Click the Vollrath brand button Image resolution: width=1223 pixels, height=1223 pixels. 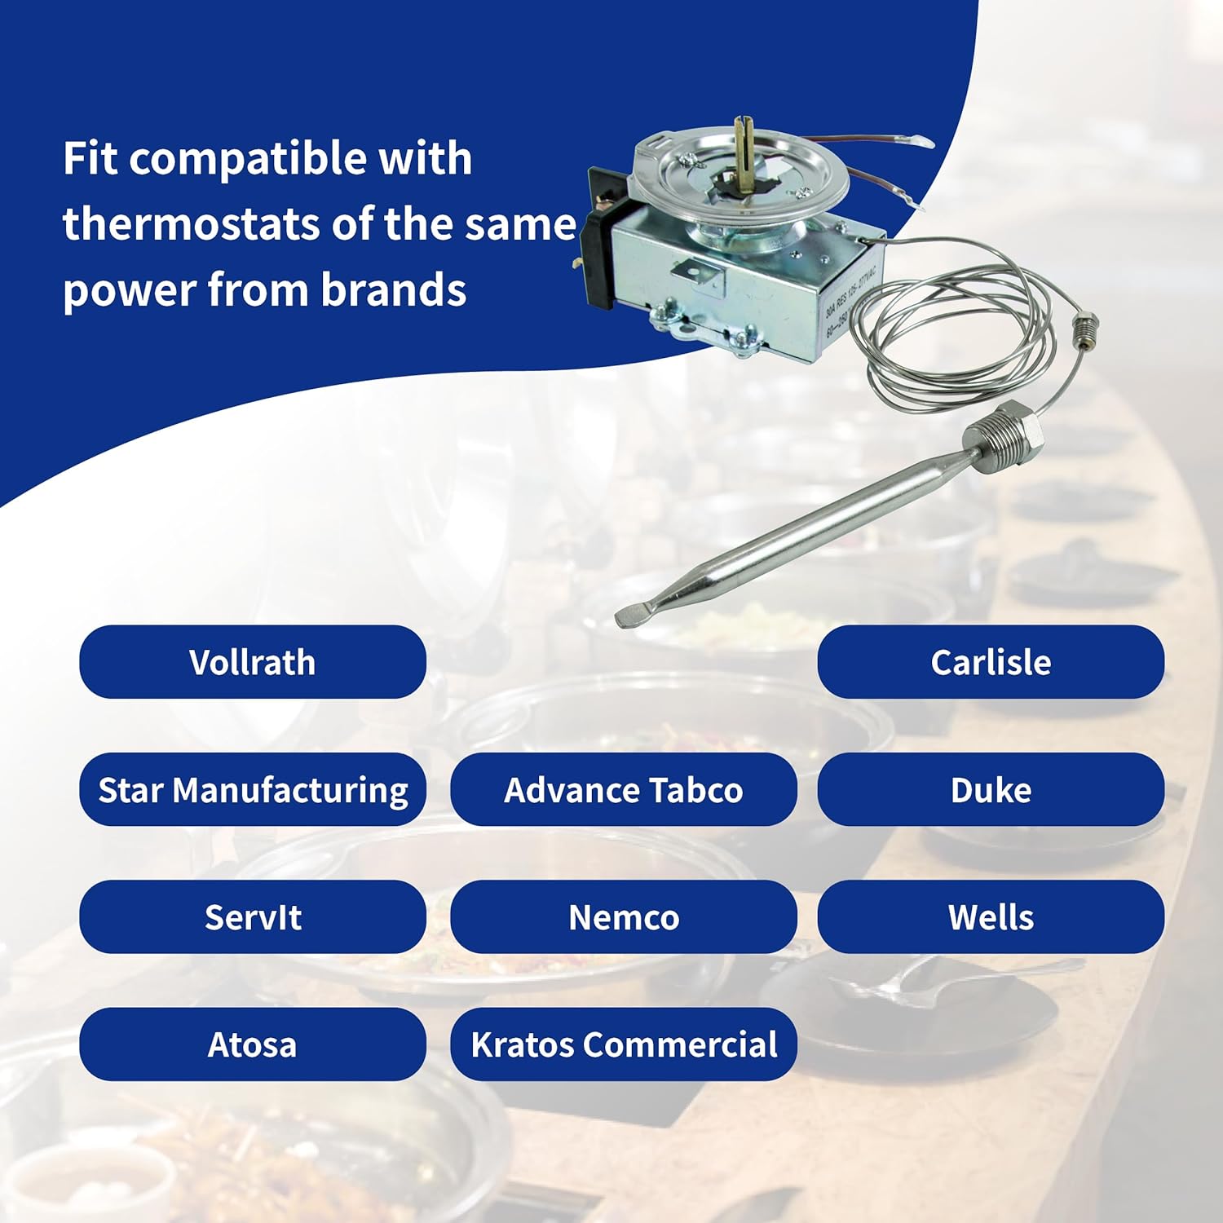[252, 662]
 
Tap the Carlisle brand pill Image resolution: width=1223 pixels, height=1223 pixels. [990, 662]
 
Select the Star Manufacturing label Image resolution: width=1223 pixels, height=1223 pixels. [252, 789]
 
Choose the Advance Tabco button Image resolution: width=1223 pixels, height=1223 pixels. [623, 789]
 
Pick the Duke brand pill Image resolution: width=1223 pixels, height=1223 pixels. [990, 789]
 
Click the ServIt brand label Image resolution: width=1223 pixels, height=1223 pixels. [252, 916]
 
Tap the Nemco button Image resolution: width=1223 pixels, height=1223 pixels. [623, 916]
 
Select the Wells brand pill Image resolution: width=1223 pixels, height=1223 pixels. [990, 916]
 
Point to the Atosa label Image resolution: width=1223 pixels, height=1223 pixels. [252, 1044]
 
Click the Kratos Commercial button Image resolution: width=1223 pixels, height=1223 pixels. [623, 1044]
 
